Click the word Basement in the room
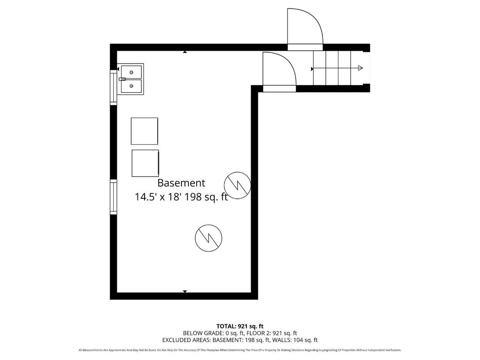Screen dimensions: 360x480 click(181, 183)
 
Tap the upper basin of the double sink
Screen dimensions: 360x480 click(131, 72)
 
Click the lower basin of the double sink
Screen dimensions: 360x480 click(131, 86)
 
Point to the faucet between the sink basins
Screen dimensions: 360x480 click(122, 79)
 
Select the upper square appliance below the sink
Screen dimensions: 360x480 click(144, 131)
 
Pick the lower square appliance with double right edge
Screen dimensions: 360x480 click(145, 163)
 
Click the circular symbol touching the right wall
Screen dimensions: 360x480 click(237, 184)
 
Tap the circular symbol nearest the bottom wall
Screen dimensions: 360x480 click(208, 236)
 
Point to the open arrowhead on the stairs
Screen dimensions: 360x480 click(360, 68)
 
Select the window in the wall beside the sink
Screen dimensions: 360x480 click(113, 88)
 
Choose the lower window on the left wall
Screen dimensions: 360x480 click(113, 197)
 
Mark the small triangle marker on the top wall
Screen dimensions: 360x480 click(184, 52)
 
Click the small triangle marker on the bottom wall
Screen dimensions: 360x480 click(184, 291)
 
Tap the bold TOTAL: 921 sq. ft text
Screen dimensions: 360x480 click(240, 326)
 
